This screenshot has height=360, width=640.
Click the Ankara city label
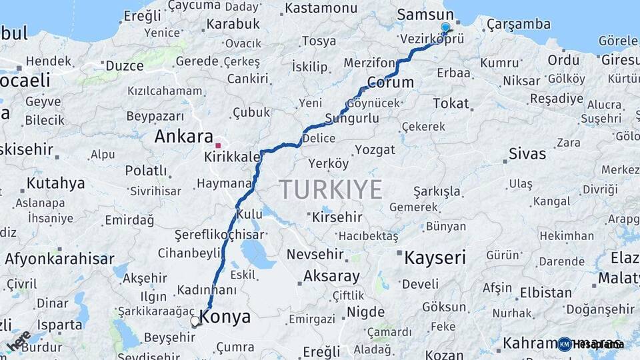[x=183, y=137]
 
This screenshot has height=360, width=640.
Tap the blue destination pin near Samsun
[x=445, y=27]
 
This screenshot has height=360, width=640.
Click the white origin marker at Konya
[x=195, y=321]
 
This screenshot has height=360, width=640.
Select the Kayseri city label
[x=435, y=257]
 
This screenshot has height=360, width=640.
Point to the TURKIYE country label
[x=331, y=189]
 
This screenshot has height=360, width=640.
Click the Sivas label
[x=527, y=154]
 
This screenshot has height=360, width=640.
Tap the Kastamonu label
[x=321, y=8]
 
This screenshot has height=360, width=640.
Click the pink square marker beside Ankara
[x=218, y=145]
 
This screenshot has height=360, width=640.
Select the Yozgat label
[x=375, y=149]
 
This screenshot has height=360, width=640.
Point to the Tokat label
[x=451, y=103]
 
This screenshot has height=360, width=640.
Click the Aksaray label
[x=331, y=275]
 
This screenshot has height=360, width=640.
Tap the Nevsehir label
[x=315, y=254]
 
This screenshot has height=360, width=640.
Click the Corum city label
[x=391, y=83]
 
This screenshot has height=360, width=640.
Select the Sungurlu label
[x=352, y=119]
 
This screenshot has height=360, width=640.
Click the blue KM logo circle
[x=564, y=344]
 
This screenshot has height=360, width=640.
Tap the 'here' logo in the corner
[x=18, y=339]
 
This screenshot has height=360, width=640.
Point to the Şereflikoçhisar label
[x=219, y=235]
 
